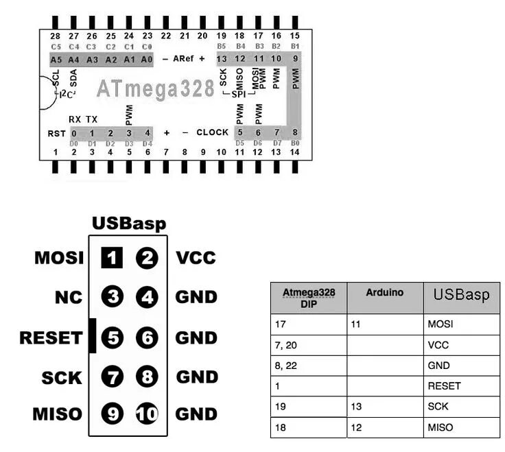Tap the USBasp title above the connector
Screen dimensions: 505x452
(129, 224)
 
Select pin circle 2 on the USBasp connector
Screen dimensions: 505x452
(147, 259)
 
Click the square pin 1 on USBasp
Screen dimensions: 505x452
(111, 259)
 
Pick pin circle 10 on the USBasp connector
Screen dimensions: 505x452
(147, 414)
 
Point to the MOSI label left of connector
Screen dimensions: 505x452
(59, 259)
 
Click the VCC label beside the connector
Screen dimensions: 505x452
(196, 259)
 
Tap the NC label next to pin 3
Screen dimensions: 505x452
(69, 298)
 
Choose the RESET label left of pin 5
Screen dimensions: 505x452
(51, 337)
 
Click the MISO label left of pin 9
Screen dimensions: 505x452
(57, 414)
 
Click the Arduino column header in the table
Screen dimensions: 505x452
(384, 292)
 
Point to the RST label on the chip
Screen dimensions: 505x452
(56, 132)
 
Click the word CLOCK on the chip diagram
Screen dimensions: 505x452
(212, 132)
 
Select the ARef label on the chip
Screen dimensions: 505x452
(183, 59)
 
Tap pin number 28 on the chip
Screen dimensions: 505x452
(56, 35)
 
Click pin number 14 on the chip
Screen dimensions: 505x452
(294, 151)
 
